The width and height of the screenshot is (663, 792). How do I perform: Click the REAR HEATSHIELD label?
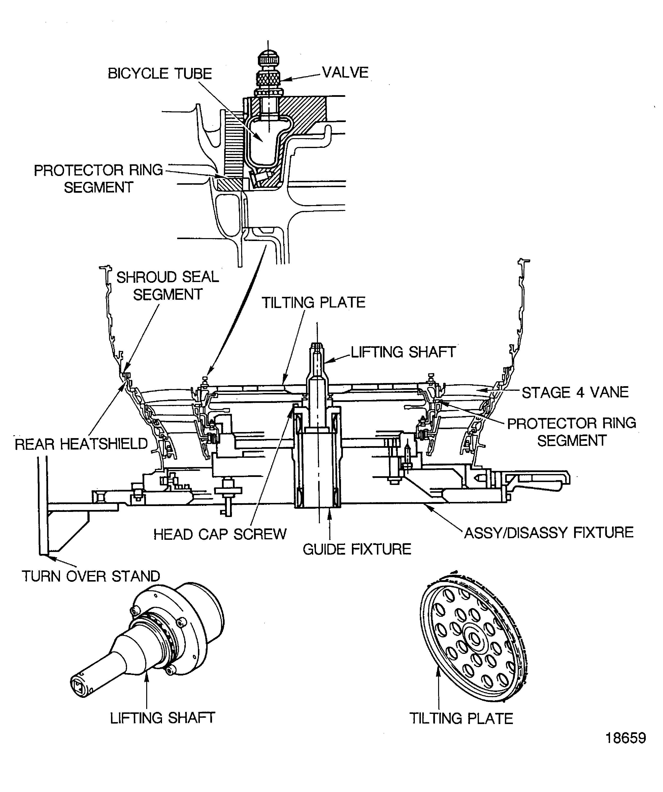click(81, 444)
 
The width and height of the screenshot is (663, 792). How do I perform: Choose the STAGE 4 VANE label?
click(575, 393)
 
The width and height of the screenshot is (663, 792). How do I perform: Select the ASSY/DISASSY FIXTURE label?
click(549, 533)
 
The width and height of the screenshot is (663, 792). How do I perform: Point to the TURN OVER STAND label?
click(91, 576)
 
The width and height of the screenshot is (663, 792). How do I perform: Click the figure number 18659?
click(626, 749)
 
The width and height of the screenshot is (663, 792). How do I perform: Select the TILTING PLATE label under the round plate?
click(461, 718)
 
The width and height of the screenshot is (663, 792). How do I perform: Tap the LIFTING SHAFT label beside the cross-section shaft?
click(403, 352)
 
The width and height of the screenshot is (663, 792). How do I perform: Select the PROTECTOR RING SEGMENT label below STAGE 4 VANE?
click(571, 432)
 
